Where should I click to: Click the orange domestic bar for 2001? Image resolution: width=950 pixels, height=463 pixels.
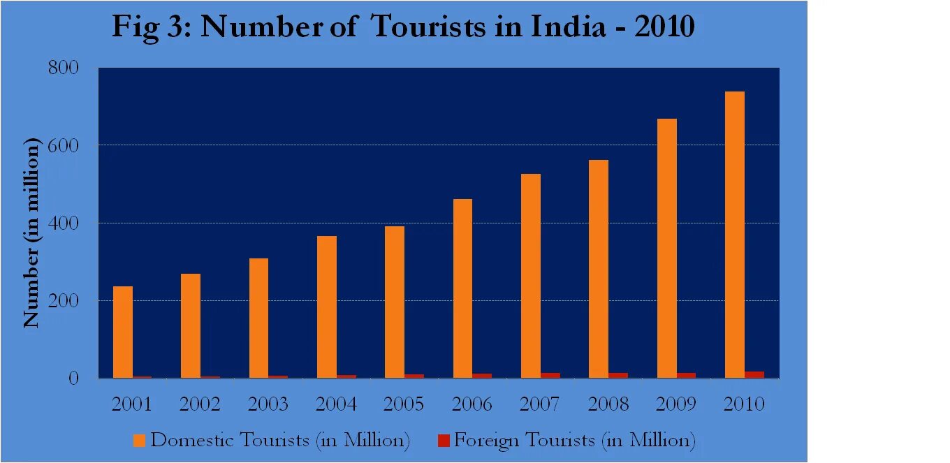[x=122, y=332]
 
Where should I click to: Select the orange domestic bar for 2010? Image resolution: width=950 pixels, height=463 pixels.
[x=735, y=235]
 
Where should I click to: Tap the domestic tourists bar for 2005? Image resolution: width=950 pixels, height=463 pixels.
[x=395, y=302]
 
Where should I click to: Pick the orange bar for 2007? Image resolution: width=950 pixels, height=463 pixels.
[x=531, y=276]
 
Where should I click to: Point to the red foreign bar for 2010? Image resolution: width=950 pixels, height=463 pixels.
[x=754, y=374]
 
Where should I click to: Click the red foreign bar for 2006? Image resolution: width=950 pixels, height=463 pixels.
[x=482, y=376]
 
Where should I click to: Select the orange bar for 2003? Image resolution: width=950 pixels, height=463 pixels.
[x=258, y=318]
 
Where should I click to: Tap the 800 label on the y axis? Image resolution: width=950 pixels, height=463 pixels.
[x=63, y=68]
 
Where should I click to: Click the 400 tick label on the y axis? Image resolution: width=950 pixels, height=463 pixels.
[x=63, y=223]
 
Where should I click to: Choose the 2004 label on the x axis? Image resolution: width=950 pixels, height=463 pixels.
[x=336, y=404]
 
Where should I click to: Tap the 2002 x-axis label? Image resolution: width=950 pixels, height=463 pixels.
[x=200, y=404]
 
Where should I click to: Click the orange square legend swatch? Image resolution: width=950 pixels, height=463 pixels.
[x=140, y=441]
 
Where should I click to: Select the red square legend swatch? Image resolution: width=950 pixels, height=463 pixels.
[x=444, y=441]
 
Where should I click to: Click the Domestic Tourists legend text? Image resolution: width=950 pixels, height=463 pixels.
[x=279, y=441]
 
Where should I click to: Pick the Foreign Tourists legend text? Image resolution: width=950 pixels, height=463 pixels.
[x=575, y=441]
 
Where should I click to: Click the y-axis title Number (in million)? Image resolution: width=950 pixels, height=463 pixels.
[x=31, y=233]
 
